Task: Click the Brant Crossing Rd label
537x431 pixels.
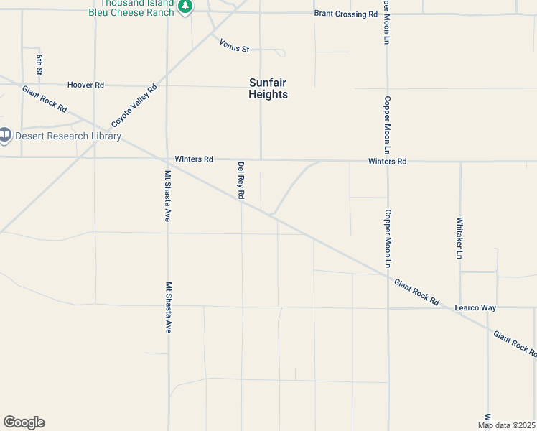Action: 345,14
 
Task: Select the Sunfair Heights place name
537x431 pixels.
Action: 268,88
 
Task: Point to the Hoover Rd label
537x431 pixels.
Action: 85,85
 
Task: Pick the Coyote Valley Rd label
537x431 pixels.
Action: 134,105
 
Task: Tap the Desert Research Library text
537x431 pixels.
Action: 68,136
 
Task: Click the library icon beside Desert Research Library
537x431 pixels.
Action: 5,135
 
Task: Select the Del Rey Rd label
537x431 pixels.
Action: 241,180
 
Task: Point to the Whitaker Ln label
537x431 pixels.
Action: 459,237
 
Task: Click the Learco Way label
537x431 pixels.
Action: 475,307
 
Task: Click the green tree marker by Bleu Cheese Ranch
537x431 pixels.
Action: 186,7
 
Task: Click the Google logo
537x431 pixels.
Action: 24,422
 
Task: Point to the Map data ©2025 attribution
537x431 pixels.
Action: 507,425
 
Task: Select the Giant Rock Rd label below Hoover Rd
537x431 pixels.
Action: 44,99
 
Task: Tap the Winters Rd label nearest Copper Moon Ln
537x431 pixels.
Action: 387,161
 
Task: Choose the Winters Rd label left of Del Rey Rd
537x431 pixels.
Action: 194,159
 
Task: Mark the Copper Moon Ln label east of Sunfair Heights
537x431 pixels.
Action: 387,126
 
